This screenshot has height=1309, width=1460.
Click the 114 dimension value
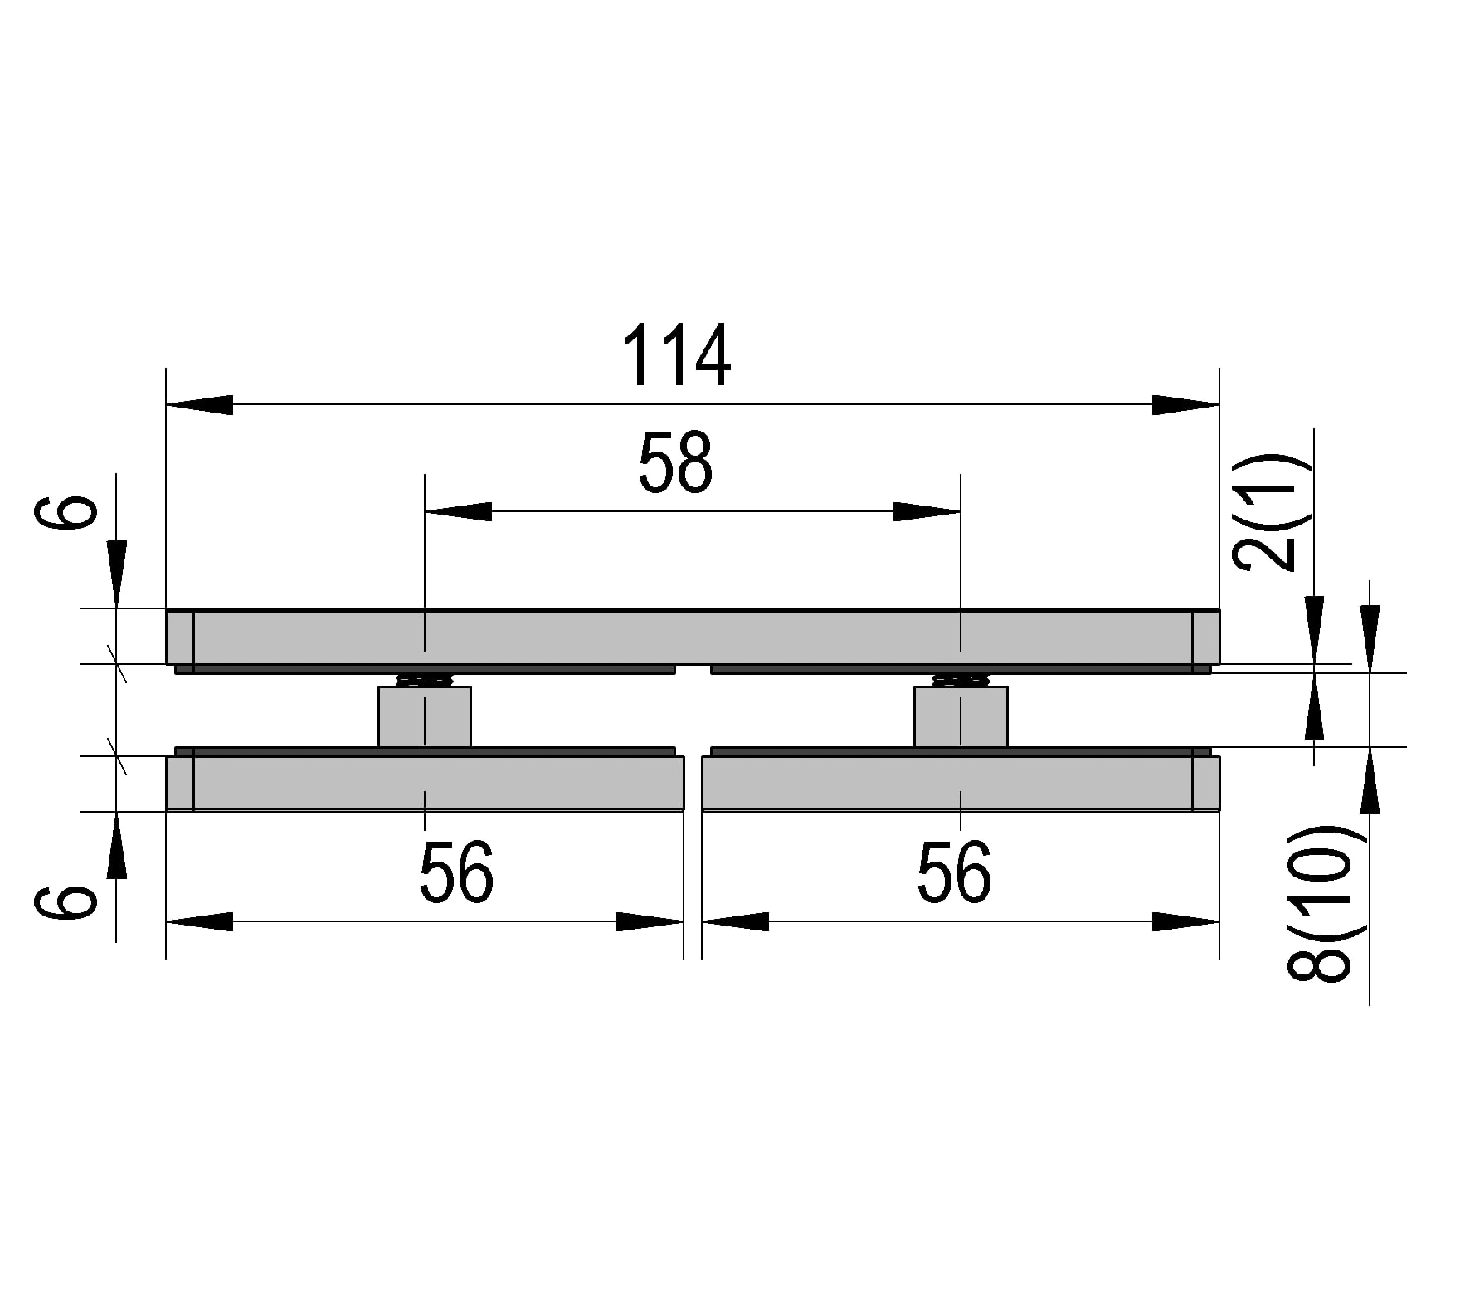click(676, 356)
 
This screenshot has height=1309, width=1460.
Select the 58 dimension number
click(675, 462)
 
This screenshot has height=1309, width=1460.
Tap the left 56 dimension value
click(456, 872)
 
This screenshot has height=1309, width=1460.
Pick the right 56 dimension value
click(954, 872)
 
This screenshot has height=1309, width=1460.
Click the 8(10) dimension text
click(1319, 905)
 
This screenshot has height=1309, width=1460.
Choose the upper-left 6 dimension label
click(66, 511)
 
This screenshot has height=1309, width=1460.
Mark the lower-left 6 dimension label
click(66, 901)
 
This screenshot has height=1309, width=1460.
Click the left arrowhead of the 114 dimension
click(200, 405)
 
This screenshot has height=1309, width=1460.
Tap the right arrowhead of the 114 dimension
click(1186, 405)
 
